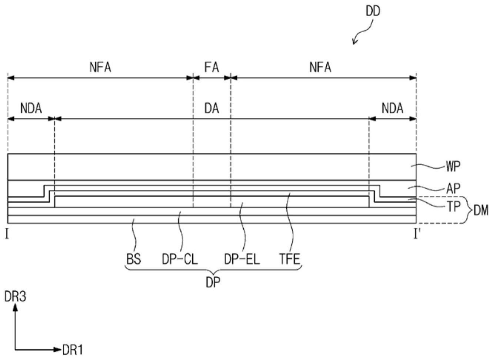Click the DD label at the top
click(373, 11)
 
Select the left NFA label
click(100, 67)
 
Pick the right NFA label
click(320, 67)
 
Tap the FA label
click(212, 67)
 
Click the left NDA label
click(31, 108)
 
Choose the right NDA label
click(392, 108)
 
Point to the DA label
click(212, 108)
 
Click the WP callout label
click(453, 167)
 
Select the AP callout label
click(453, 189)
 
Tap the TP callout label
click(453, 207)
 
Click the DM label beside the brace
click(481, 210)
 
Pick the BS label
click(133, 259)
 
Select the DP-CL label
click(180, 259)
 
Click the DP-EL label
click(242, 259)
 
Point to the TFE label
click(290, 259)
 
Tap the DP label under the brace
click(213, 283)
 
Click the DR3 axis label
click(15, 297)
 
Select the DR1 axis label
click(72, 350)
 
